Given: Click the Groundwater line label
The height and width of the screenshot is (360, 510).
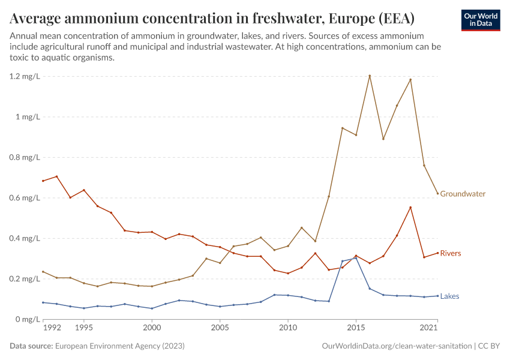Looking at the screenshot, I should point(463,194).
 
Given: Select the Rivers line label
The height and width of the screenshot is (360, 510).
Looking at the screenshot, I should point(451,253).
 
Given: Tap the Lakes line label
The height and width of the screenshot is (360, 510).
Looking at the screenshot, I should point(449,296).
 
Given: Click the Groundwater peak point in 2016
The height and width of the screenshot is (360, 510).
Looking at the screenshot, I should point(370,76).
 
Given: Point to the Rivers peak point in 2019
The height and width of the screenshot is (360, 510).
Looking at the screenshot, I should point(410,208).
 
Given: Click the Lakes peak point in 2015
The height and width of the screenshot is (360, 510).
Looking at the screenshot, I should point(356,258).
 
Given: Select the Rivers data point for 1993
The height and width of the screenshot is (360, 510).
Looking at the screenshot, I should point(57,176).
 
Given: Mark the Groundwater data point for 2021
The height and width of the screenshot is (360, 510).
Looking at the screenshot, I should point(437,193).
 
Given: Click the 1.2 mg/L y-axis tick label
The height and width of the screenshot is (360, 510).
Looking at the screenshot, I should point(25,76).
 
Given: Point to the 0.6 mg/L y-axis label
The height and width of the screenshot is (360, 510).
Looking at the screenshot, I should point(25,198).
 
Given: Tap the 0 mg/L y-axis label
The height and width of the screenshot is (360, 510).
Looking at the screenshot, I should point(28,319).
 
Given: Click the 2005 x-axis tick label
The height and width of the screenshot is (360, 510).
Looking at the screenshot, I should point(220,328).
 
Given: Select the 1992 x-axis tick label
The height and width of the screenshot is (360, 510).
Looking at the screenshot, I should point(52,328).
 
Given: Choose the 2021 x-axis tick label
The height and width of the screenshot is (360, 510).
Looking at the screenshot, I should point(428,328).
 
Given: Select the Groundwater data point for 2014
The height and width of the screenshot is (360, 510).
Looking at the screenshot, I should point(342,128).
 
